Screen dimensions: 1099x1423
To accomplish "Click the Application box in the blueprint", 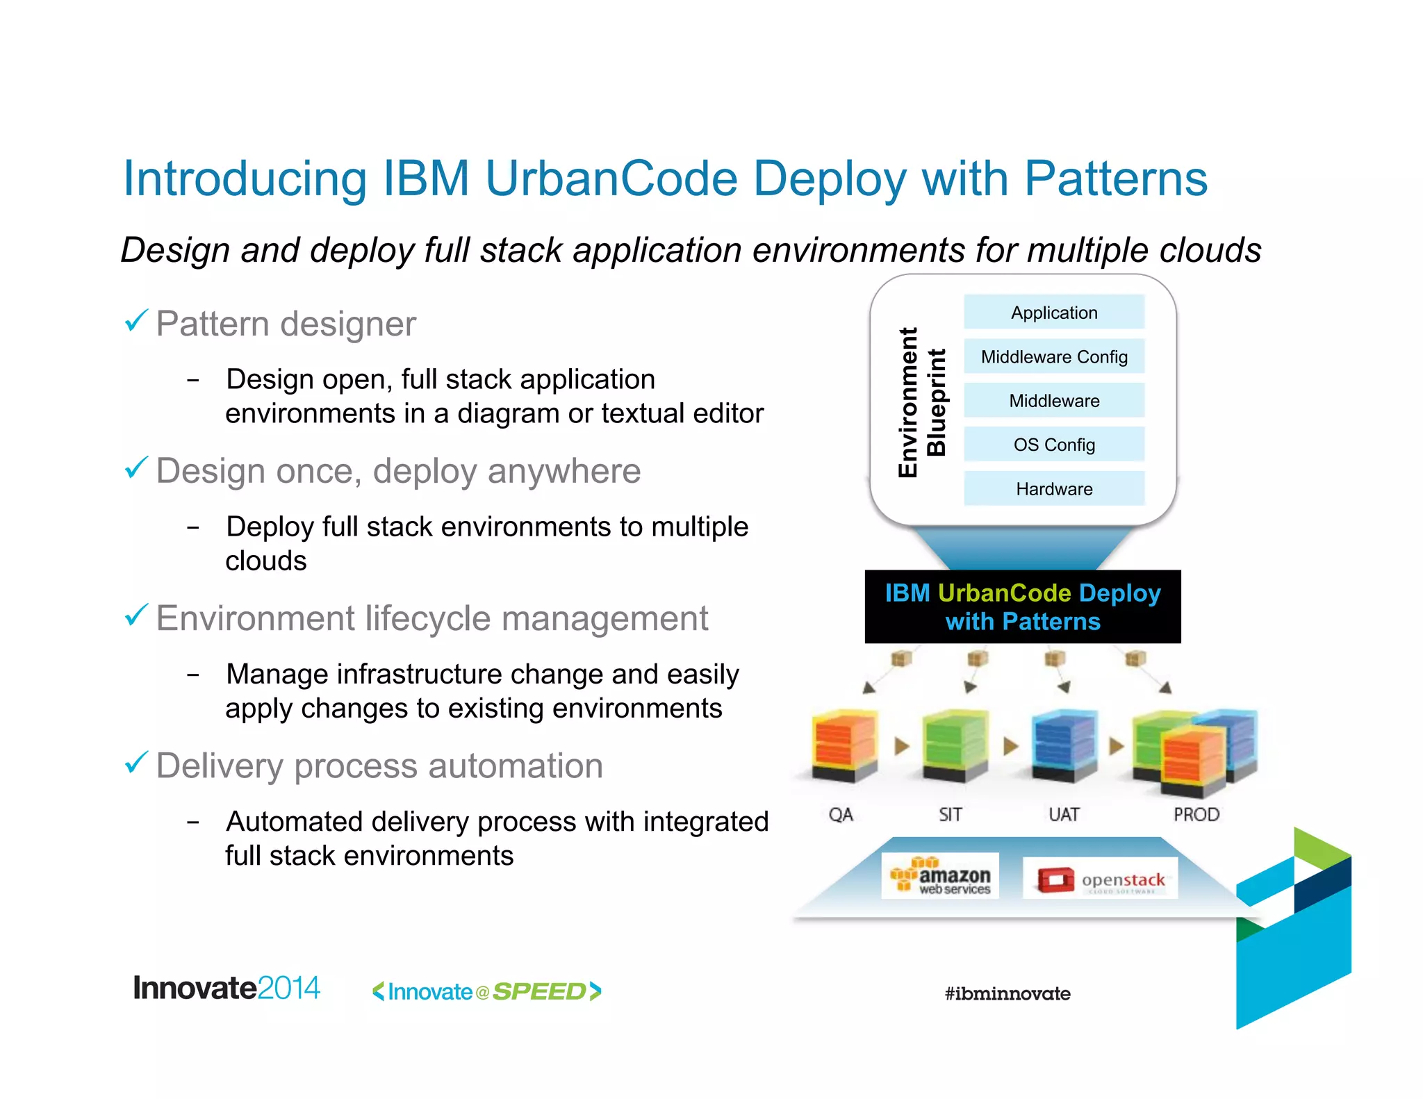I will tap(1053, 313).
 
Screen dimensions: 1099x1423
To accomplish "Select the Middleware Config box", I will tap(1053, 356).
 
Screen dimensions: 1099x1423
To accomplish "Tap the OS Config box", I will tap(1053, 445).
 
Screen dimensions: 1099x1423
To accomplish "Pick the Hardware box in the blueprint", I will tap(1053, 488).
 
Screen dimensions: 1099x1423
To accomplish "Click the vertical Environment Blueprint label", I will tap(922, 402).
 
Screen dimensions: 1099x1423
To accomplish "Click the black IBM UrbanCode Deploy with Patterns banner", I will tap(1022, 606).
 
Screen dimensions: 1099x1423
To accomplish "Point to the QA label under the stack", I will tap(841, 814).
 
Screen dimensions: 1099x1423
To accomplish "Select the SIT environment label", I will tap(950, 814).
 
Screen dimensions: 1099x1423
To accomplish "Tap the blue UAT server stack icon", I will tap(1064, 747).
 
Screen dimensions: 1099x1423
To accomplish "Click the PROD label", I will tap(1196, 814).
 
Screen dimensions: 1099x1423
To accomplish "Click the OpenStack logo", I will tap(1101, 879).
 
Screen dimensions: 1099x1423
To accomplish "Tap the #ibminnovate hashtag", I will tap(1007, 993).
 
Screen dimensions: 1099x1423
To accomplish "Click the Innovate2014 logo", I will tap(227, 988).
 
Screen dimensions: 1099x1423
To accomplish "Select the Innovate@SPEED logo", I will tap(486, 991).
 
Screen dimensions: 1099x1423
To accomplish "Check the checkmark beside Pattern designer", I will tap(136, 321).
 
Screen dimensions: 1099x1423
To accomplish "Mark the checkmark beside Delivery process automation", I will tap(136, 763).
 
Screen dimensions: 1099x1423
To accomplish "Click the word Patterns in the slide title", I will tap(1115, 179).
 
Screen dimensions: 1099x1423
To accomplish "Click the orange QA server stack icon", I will tap(844, 747).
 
